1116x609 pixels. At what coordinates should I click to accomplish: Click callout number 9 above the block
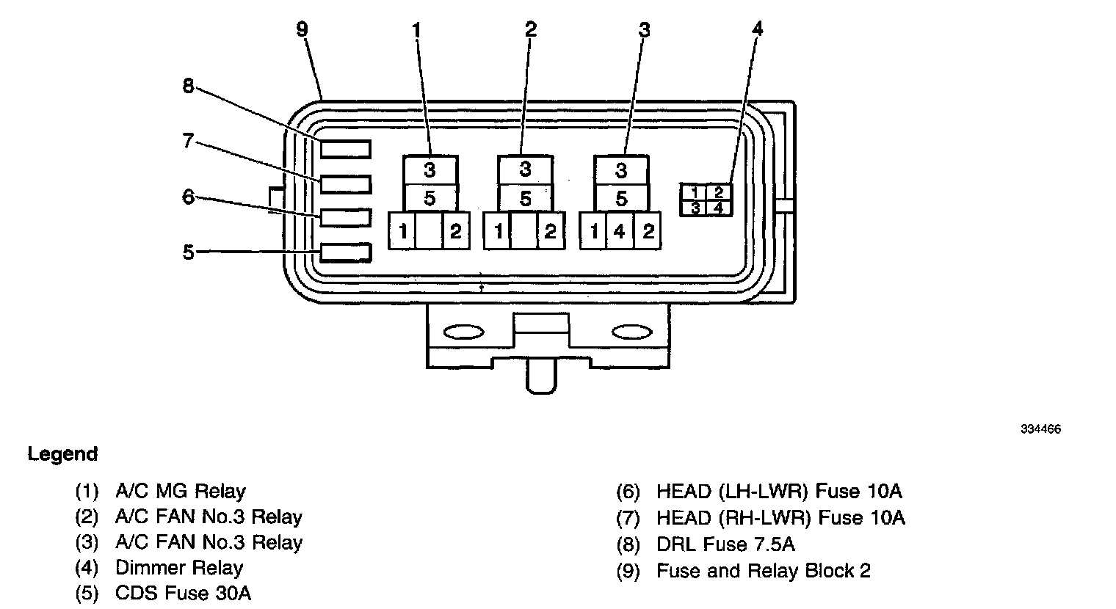click(x=302, y=29)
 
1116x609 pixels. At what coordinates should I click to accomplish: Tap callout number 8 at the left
click(x=189, y=86)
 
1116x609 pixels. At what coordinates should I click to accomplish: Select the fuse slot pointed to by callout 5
click(x=345, y=253)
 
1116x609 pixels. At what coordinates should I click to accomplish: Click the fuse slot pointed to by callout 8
click(x=345, y=149)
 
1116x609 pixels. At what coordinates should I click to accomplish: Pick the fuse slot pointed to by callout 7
click(x=345, y=183)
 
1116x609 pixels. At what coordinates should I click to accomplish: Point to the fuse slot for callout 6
click(x=345, y=218)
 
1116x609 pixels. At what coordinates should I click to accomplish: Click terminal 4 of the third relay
click(x=620, y=232)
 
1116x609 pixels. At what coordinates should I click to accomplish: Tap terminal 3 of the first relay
click(x=430, y=170)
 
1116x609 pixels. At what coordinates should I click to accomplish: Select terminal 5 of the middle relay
click(x=525, y=198)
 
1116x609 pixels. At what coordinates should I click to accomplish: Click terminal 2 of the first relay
click(x=455, y=232)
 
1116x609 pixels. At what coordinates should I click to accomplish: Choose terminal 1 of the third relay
click(x=593, y=232)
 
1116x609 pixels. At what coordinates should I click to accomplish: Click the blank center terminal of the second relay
click(x=524, y=232)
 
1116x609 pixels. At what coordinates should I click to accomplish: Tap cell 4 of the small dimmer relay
click(x=719, y=208)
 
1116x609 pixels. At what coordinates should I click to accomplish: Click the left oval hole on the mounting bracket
click(x=464, y=332)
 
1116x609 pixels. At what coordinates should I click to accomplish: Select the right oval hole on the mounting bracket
click(x=631, y=332)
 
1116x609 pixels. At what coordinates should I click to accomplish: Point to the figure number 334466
click(x=1040, y=430)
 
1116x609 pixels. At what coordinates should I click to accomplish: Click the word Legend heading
click(x=62, y=454)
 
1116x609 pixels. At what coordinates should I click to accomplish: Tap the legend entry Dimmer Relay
click(x=179, y=568)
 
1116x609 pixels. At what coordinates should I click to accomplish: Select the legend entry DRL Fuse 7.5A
click(x=725, y=544)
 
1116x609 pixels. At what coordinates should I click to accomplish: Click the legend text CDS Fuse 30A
click(x=183, y=594)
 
